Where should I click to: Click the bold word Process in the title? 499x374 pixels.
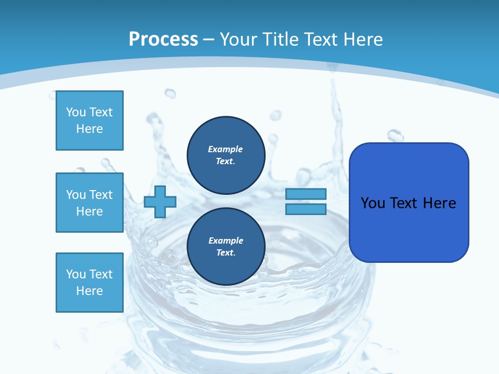point(163,39)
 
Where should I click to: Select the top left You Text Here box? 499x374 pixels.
point(89,121)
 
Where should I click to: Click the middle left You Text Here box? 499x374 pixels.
point(89,203)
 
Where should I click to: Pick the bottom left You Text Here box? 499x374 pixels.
point(89,282)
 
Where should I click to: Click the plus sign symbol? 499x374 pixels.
point(160,202)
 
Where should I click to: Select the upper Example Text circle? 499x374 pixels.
point(226,155)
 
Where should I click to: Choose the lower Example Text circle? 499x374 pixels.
point(226,247)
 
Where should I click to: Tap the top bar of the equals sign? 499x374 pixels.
point(306,194)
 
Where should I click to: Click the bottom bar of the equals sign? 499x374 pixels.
point(306,209)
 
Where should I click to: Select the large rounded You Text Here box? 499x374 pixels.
point(409,203)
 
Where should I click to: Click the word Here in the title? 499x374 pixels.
point(363,39)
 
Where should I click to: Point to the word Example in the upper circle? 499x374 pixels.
point(225,149)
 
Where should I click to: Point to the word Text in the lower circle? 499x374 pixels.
point(225,253)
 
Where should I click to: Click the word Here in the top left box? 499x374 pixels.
point(89,129)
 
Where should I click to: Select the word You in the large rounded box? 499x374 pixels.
point(373,203)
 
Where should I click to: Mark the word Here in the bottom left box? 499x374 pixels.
point(89,291)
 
